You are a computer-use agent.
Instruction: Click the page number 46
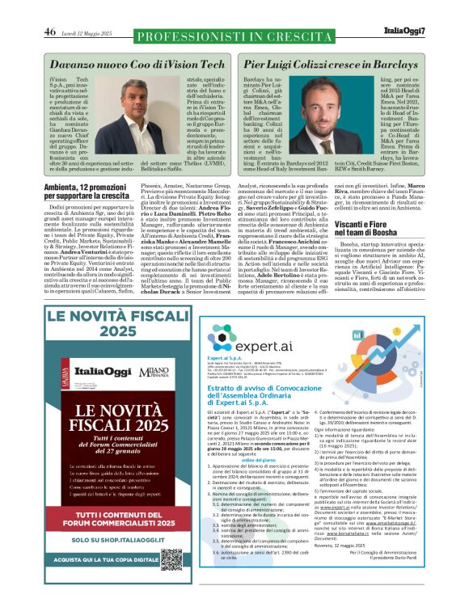pyautogui.click(x=50, y=32)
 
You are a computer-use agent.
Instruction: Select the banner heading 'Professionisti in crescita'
pyautogui.click(x=234, y=36)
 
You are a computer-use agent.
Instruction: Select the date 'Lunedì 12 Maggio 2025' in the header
pyautogui.click(x=90, y=32)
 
